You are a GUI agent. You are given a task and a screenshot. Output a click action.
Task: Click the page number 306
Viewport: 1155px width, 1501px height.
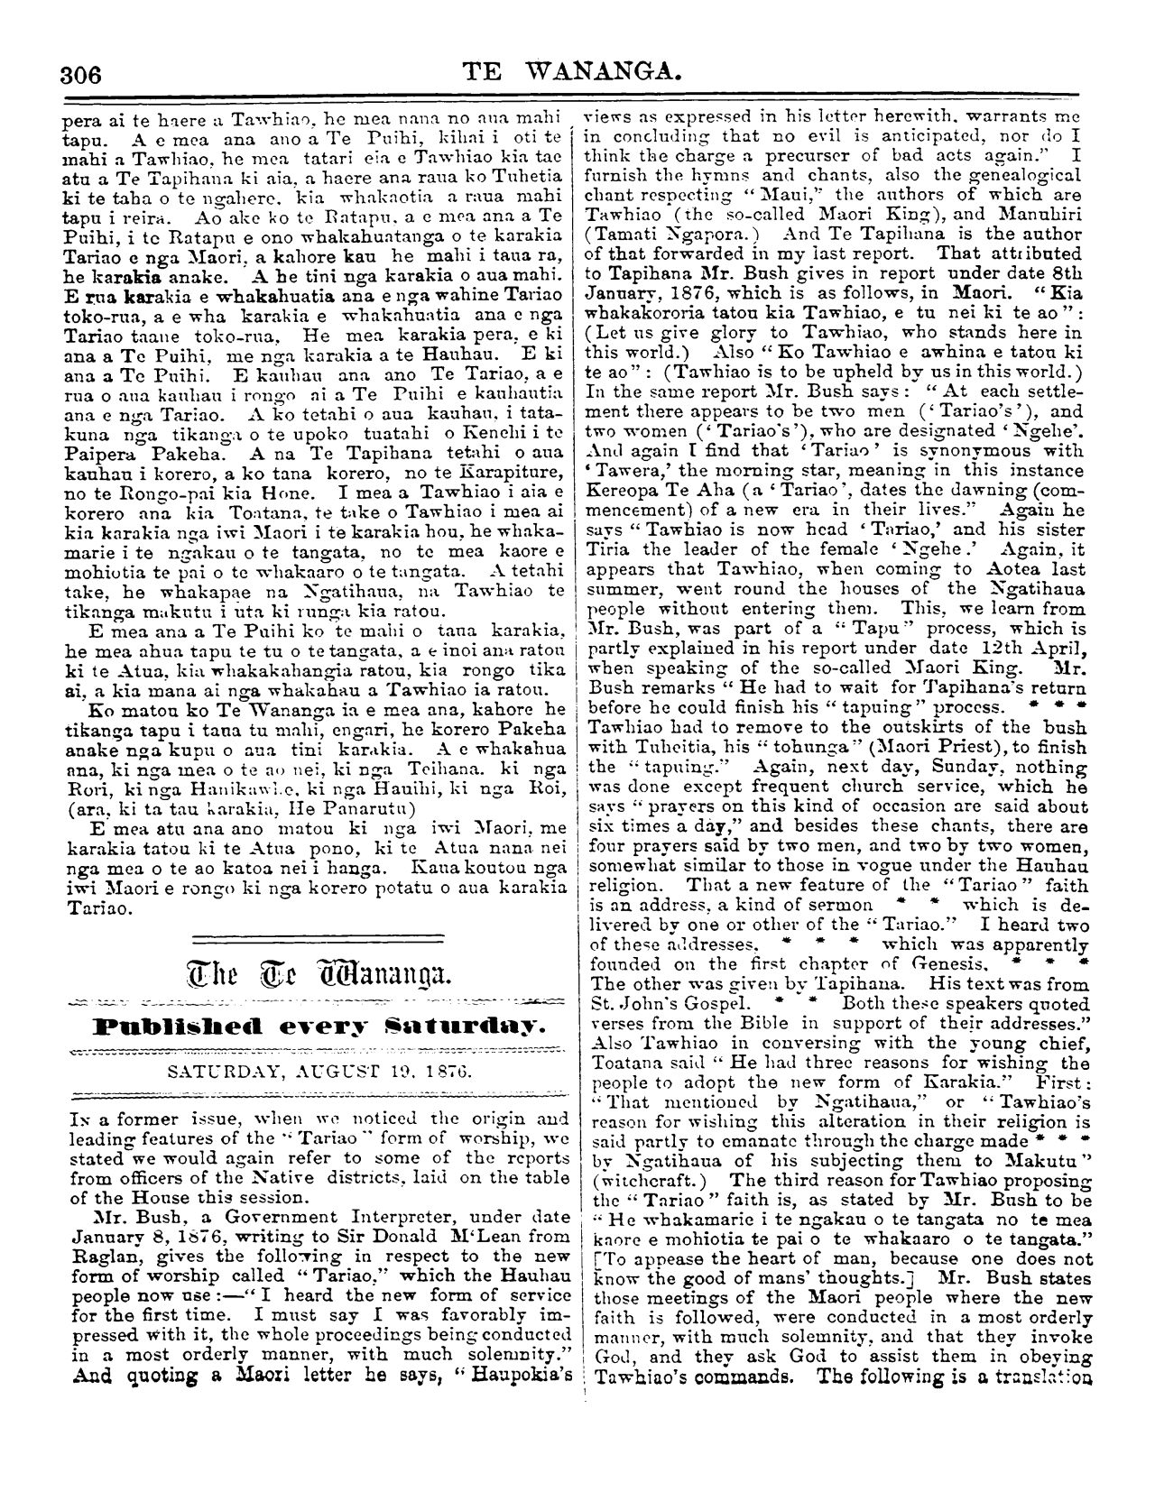(79, 73)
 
